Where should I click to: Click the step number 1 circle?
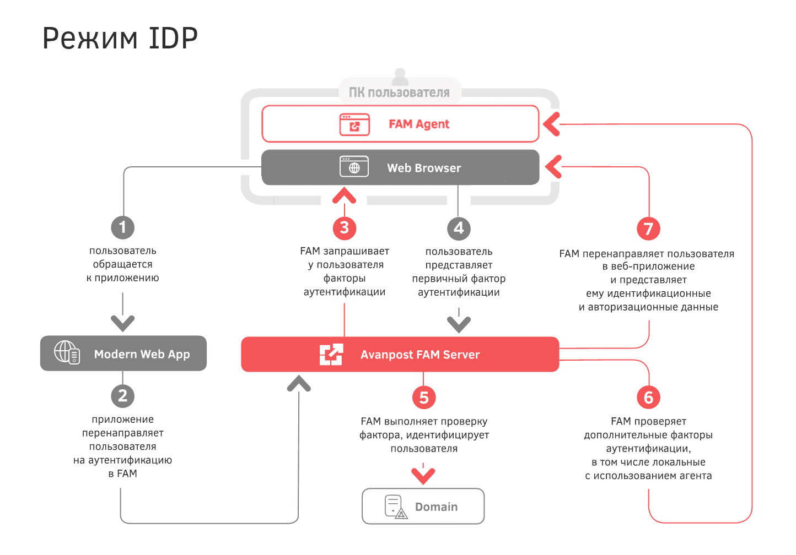click(122, 227)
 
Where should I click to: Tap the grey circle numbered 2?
click(122, 395)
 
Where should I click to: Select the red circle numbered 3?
click(345, 227)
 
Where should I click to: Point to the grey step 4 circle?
click(459, 228)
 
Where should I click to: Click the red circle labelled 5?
click(424, 397)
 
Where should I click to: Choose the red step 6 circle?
click(649, 397)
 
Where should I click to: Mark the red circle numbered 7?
click(649, 228)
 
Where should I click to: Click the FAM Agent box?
click(400, 124)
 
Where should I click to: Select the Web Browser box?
click(400, 167)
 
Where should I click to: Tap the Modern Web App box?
click(123, 353)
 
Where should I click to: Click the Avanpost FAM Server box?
click(400, 354)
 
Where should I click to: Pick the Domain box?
click(423, 507)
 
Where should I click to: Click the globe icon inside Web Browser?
click(354, 167)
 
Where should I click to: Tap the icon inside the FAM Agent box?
click(354, 124)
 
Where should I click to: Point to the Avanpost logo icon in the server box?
click(331, 355)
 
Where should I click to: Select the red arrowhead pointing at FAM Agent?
click(551, 124)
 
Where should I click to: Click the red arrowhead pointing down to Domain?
click(423, 475)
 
